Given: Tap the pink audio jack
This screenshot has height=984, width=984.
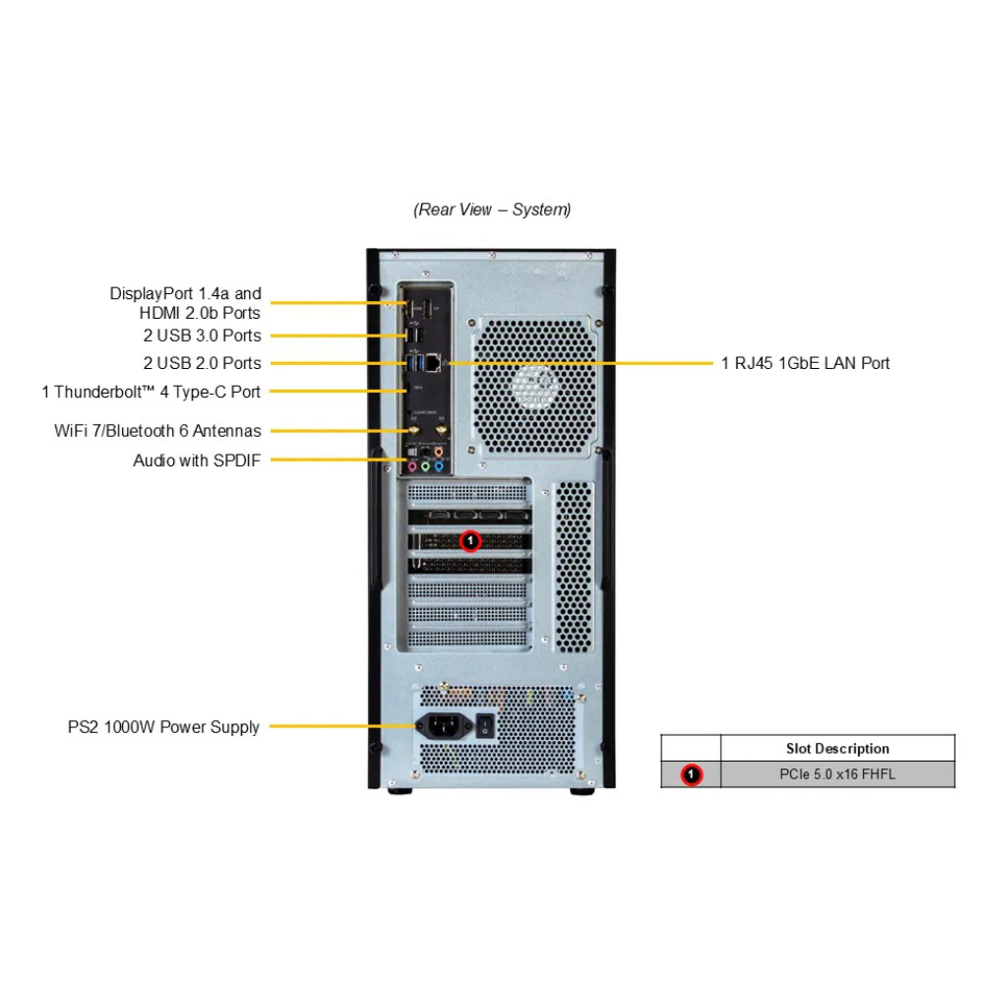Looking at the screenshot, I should pyautogui.click(x=412, y=466).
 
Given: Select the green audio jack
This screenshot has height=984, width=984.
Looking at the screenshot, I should pyautogui.click(x=425, y=466).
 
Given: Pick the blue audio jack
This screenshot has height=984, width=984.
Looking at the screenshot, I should pyautogui.click(x=439, y=466).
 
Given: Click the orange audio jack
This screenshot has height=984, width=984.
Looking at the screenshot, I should pyautogui.click(x=439, y=452).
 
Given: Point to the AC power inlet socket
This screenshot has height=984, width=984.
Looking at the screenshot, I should pyautogui.click(x=441, y=728).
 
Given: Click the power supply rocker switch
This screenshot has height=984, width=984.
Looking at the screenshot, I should pyautogui.click(x=484, y=728).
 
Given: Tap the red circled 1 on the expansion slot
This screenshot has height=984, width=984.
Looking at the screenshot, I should pyautogui.click(x=470, y=539).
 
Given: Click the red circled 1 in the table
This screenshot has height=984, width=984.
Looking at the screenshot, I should pyautogui.click(x=692, y=775).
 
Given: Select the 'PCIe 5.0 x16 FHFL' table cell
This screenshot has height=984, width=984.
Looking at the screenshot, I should pyautogui.click(x=837, y=774).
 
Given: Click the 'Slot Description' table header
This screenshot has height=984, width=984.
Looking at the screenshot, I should pyautogui.click(x=837, y=749).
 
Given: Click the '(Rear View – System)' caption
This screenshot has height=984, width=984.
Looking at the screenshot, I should pyautogui.click(x=492, y=210).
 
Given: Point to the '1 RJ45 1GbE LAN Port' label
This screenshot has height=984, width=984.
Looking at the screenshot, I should pyautogui.click(x=805, y=363).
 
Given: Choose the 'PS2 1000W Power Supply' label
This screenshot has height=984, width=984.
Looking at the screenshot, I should pyautogui.click(x=163, y=727).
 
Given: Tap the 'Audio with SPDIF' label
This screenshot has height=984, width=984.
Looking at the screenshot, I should pyautogui.click(x=197, y=460).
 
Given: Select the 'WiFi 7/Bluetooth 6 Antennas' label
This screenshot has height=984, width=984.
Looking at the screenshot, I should pyautogui.click(x=157, y=431).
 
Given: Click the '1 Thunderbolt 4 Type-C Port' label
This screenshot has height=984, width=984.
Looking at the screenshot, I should pyautogui.click(x=152, y=392).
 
